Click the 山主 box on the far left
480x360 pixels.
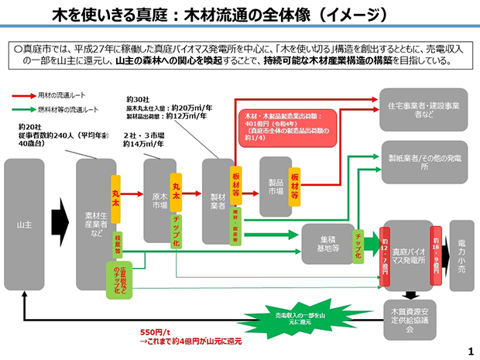(x=24, y=224)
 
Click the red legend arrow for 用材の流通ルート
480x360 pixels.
(x=23, y=94)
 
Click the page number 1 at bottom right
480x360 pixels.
(x=470, y=351)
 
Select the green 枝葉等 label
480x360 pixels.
(x=118, y=241)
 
